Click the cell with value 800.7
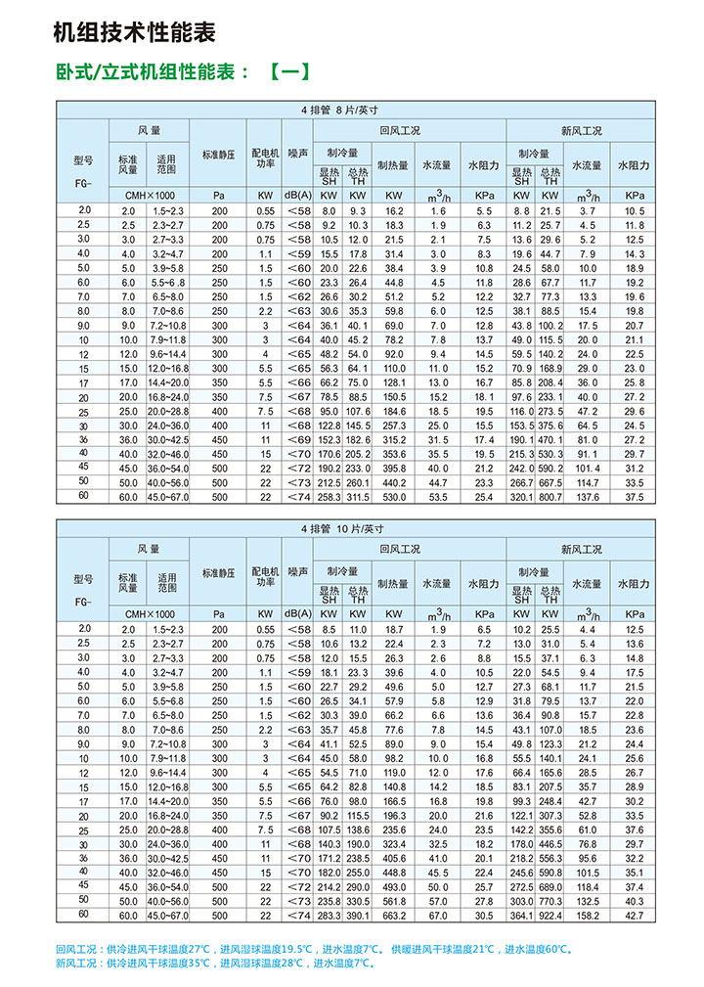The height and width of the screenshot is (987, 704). pyautogui.click(x=551, y=497)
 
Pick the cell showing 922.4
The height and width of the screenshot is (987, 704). pyautogui.click(x=551, y=916)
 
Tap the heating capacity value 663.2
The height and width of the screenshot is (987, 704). pyautogui.click(x=394, y=916)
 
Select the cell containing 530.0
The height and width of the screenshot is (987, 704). pyautogui.click(x=394, y=497)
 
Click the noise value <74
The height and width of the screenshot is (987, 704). pyautogui.click(x=297, y=916)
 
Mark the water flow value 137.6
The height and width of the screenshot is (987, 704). pyautogui.click(x=588, y=497)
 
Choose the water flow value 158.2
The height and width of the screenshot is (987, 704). pyautogui.click(x=588, y=916)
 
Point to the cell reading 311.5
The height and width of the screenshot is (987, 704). pyautogui.click(x=358, y=497)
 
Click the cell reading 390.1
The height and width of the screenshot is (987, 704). pyautogui.click(x=358, y=916)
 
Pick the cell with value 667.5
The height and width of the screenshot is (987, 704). pyautogui.click(x=551, y=482)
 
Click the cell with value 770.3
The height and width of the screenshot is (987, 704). pyautogui.click(x=551, y=901)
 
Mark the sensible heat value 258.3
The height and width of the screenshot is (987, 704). pyautogui.click(x=328, y=497)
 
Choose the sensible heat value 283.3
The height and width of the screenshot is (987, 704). pyautogui.click(x=328, y=916)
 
